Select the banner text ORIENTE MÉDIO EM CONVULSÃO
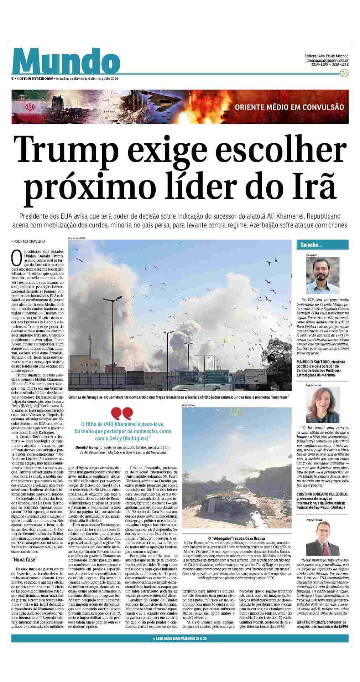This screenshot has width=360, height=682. [289, 107]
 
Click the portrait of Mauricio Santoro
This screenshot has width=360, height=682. [322, 275]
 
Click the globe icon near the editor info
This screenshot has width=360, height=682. [344, 73]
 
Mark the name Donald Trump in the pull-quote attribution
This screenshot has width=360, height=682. [87, 447]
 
